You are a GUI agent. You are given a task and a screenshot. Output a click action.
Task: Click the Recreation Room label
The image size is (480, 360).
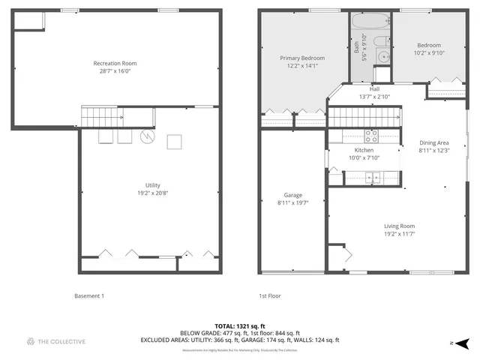[x=115, y=63]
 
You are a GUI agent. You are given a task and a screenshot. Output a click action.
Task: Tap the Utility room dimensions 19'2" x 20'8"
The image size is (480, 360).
[x=152, y=193]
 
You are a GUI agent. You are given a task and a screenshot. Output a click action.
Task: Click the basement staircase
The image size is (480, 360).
[x=102, y=117]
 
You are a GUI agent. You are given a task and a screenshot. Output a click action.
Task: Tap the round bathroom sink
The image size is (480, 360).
[x=382, y=56]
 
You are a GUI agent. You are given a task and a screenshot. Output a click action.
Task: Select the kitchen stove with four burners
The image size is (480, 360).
[x=370, y=136]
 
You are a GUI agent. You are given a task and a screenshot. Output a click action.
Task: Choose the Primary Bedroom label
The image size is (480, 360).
[x=302, y=58]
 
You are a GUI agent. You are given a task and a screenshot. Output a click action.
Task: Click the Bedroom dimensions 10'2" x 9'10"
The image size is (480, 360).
[x=429, y=52]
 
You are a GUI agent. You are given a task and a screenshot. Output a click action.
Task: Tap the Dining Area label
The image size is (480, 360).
[x=433, y=142]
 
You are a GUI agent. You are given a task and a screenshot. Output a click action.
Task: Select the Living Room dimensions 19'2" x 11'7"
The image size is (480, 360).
[x=399, y=233]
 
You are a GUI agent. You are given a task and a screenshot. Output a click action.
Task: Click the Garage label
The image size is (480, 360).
[x=292, y=195]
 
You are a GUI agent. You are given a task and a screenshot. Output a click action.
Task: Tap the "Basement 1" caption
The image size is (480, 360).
[x=90, y=295]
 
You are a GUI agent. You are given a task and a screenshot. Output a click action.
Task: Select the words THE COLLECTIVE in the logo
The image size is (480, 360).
[x=62, y=342]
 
